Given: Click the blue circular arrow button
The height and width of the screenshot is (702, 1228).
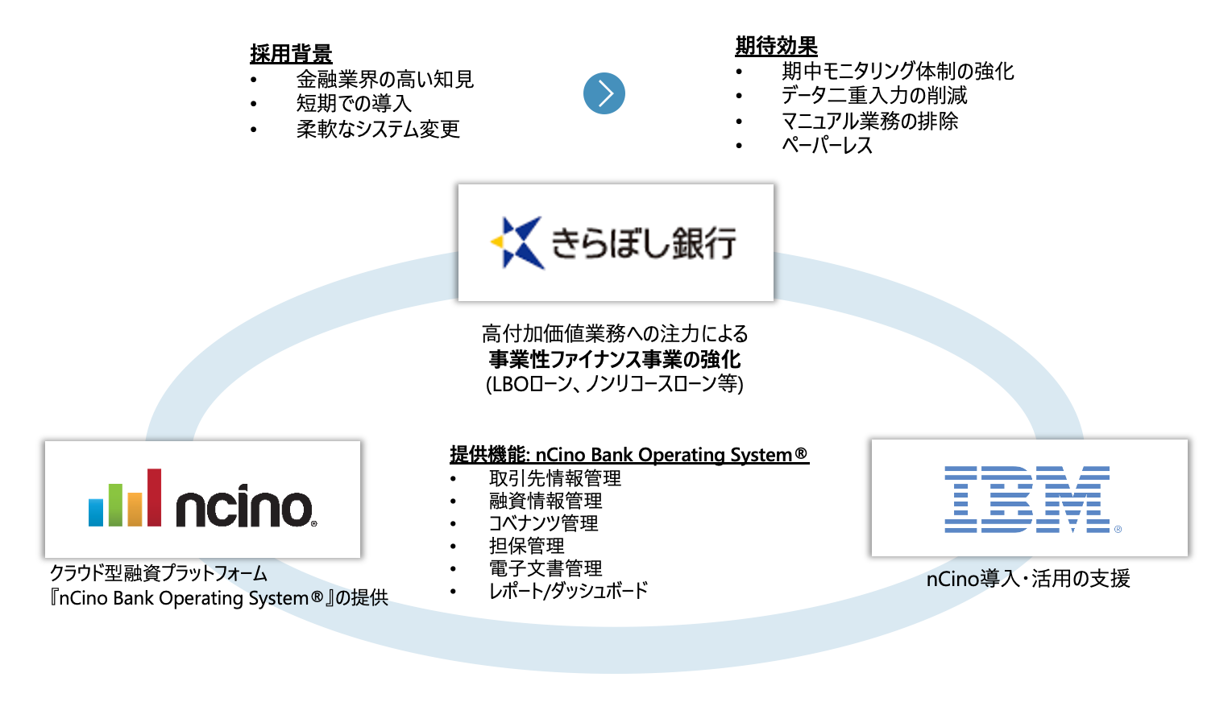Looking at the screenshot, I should coord(604,93).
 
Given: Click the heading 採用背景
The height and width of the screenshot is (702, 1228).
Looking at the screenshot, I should coord(291,54).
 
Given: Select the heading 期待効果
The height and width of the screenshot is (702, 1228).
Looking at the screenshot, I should coord(776,46).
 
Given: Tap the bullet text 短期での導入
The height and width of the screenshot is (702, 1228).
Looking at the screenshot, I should coord(354,104).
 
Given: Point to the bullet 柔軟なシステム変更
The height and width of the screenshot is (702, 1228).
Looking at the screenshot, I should coord(378,129).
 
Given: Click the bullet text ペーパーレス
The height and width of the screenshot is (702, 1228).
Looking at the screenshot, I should coord(827,146).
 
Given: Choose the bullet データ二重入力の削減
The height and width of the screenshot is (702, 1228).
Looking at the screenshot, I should coord(874,96).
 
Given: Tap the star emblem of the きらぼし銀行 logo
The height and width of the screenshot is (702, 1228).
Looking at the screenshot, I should coord(517,242).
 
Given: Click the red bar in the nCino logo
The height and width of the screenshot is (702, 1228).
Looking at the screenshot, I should coord(154,497).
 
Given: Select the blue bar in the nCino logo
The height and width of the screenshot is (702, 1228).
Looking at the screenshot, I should coord(96,512).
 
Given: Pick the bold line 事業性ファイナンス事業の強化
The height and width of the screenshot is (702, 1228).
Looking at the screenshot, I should coord(615,359).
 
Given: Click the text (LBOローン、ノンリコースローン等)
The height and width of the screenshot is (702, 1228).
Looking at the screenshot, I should coord(615,384).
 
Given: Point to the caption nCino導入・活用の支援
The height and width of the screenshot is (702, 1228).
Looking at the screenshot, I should coord(1028,579).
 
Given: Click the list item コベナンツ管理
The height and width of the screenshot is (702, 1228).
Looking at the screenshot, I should coord(544,523).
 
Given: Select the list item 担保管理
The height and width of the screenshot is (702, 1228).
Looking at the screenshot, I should coord(526,546).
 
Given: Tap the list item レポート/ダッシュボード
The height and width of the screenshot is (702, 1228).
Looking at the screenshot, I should coord(568,591).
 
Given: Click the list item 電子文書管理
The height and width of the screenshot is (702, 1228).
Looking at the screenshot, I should coord(546,568).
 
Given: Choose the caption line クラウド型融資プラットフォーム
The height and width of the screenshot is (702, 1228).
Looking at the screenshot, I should coord(159,573).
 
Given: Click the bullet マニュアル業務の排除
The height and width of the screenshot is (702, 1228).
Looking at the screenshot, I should coord(870,121).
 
